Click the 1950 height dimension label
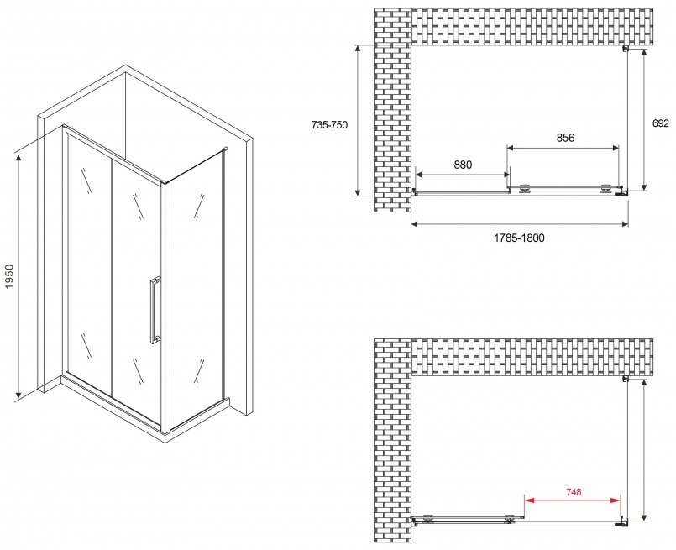point(8,277)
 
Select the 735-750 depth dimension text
point(329,125)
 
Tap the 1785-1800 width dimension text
point(519,238)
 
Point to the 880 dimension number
point(463,165)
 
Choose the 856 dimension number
point(565,138)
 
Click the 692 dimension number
point(661,123)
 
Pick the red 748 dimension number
point(574,492)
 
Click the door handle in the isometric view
point(155,310)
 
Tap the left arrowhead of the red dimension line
point(529,500)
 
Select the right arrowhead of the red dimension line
point(616,500)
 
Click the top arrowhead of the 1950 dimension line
point(18,160)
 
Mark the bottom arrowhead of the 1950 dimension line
point(18,394)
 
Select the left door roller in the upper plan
point(524,189)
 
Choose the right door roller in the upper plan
point(606,189)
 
